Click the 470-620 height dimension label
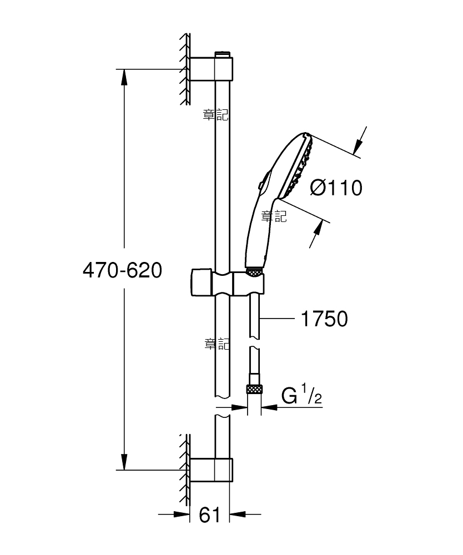pyautogui.click(x=123, y=270)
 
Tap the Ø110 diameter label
pyautogui.click(x=336, y=188)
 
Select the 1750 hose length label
pyautogui.click(x=324, y=319)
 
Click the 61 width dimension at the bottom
pyautogui.click(x=209, y=514)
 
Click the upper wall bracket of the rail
pyautogui.click(x=212, y=69)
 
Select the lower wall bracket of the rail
pyautogui.click(x=212, y=470)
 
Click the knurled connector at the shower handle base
pyautogui.click(x=254, y=272)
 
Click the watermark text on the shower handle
pyautogui.click(x=274, y=216)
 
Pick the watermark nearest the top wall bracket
pyautogui.click(x=215, y=115)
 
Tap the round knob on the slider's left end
pyautogui.click(x=201, y=282)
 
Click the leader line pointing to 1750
pyautogui.click(x=277, y=319)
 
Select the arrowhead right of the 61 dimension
pyautogui.click(x=238, y=514)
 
